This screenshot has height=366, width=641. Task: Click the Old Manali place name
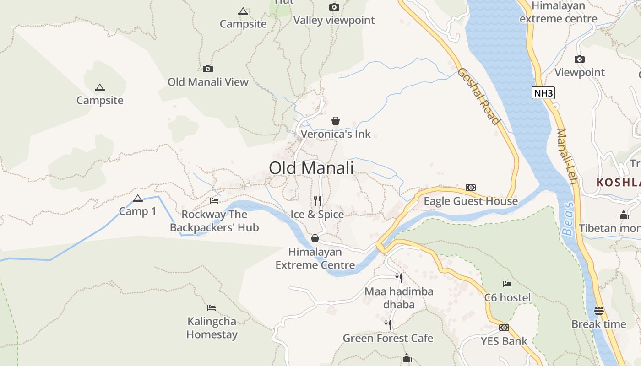point(311,168)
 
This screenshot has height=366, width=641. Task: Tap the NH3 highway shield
point(543,93)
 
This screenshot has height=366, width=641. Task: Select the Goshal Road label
point(478,96)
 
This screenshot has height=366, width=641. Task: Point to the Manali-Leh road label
point(567,156)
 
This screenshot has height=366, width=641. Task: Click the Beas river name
point(568,219)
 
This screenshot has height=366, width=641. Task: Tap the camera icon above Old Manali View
point(208,69)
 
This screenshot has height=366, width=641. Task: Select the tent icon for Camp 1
point(137,199)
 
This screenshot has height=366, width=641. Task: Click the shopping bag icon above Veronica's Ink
point(336,121)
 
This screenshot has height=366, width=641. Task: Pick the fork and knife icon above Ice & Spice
point(317,201)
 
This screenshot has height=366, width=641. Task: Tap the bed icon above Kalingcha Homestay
point(211,308)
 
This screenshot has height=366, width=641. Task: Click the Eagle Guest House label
point(471,201)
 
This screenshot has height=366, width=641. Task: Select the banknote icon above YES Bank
point(504,328)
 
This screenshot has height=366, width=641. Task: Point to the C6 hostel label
point(507,298)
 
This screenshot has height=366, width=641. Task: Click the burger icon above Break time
point(598,311)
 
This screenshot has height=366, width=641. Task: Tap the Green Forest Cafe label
point(388,339)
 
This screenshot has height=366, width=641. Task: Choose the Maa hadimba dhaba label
point(399,298)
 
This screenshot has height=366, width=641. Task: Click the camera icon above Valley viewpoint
point(334,7)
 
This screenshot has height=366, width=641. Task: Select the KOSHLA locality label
point(618,182)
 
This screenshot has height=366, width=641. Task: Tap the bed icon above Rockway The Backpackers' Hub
point(214,200)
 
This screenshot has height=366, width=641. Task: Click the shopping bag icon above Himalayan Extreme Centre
point(315,238)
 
